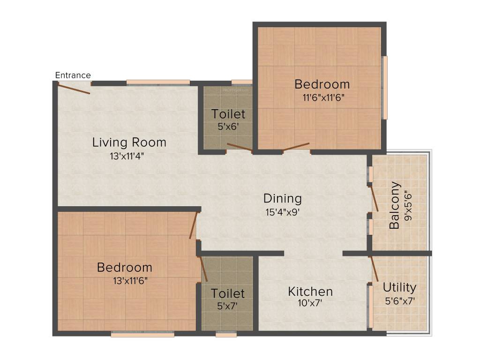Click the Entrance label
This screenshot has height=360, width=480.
pyautogui.click(x=73, y=75)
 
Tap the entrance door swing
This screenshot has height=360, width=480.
pyautogui.click(x=74, y=89)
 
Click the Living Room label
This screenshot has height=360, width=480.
pyautogui.click(x=129, y=142)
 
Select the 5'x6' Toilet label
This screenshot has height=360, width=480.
pyautogui.click(x=228, y=114)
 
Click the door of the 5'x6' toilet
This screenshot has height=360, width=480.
pyautogui.click(x=239, y=148)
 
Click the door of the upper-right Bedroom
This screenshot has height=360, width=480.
pyautogui.click(x=296, y=147)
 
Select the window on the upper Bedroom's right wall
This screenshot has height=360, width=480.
pyautogui.click(x=385, y=88)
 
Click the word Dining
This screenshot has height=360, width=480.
pyautogui.click(x=282, y=198)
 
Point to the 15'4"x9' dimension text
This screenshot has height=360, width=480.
pyautogui.click(x=282, y=212)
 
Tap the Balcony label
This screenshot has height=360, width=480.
pyautogui.click(x=395, y=205)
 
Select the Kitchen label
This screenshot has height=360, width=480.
pyautogui.click(x=310, y=292)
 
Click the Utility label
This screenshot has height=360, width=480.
pyautogui.click(x=399, y=287)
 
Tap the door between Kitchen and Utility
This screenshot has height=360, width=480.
pyautogui.click(x=374, y=269)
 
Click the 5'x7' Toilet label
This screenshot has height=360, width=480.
pyautogui.click(x=228, y=293)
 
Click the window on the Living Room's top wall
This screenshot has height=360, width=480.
pyautogui.click(x=158, y=83)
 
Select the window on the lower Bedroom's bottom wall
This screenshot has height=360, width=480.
pyautogui.click(x=142, y=334)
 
